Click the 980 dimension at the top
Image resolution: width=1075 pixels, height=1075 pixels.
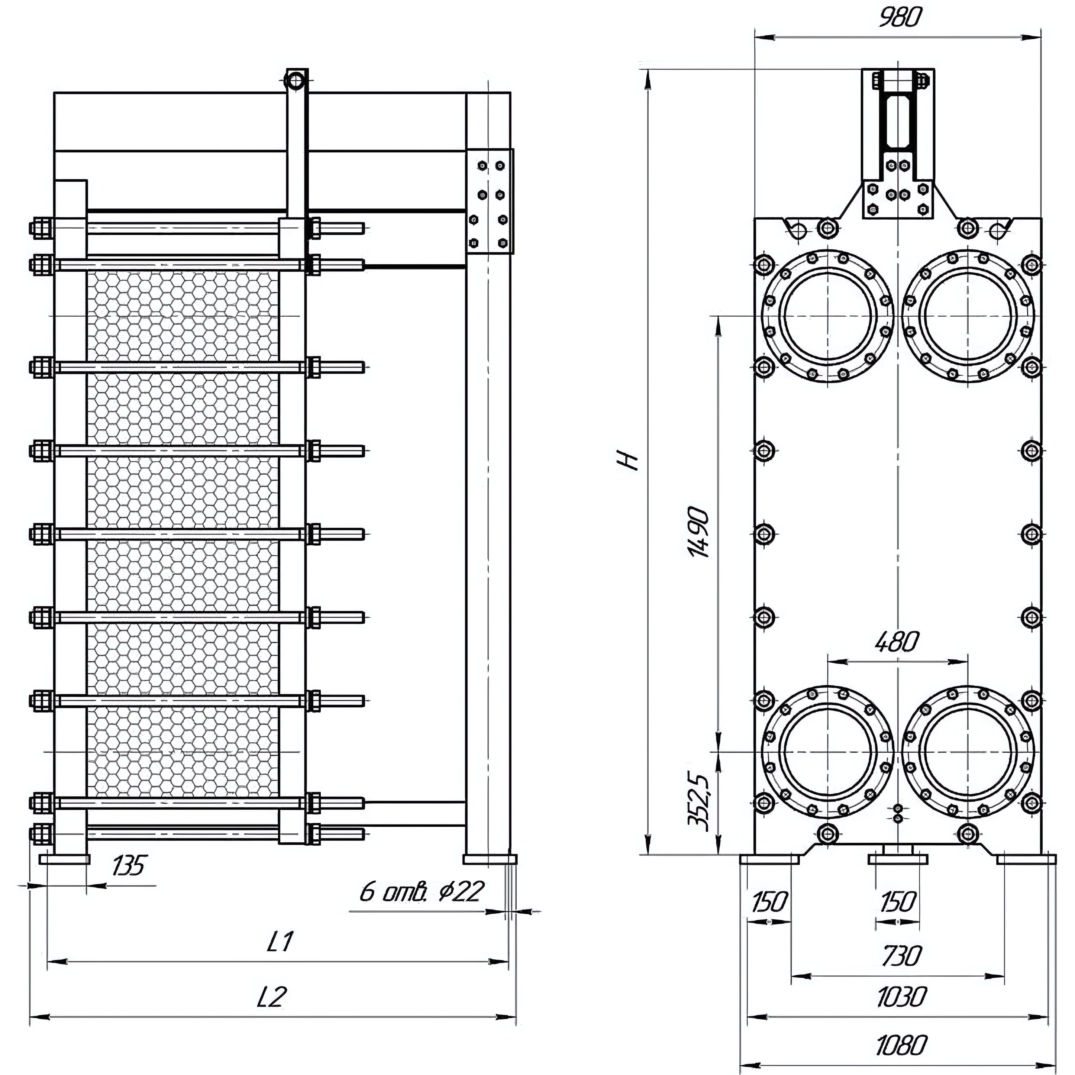click(900, 18)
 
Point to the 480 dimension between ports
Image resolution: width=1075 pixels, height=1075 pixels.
click(897, 643)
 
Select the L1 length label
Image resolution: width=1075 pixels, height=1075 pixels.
click(280, 942)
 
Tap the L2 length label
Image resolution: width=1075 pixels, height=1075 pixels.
click(271, 997)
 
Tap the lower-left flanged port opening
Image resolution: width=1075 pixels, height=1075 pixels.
click(828, 751)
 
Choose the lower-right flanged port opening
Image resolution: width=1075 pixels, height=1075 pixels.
click(968, 751)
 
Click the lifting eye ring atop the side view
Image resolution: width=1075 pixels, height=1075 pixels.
click(296, 81)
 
